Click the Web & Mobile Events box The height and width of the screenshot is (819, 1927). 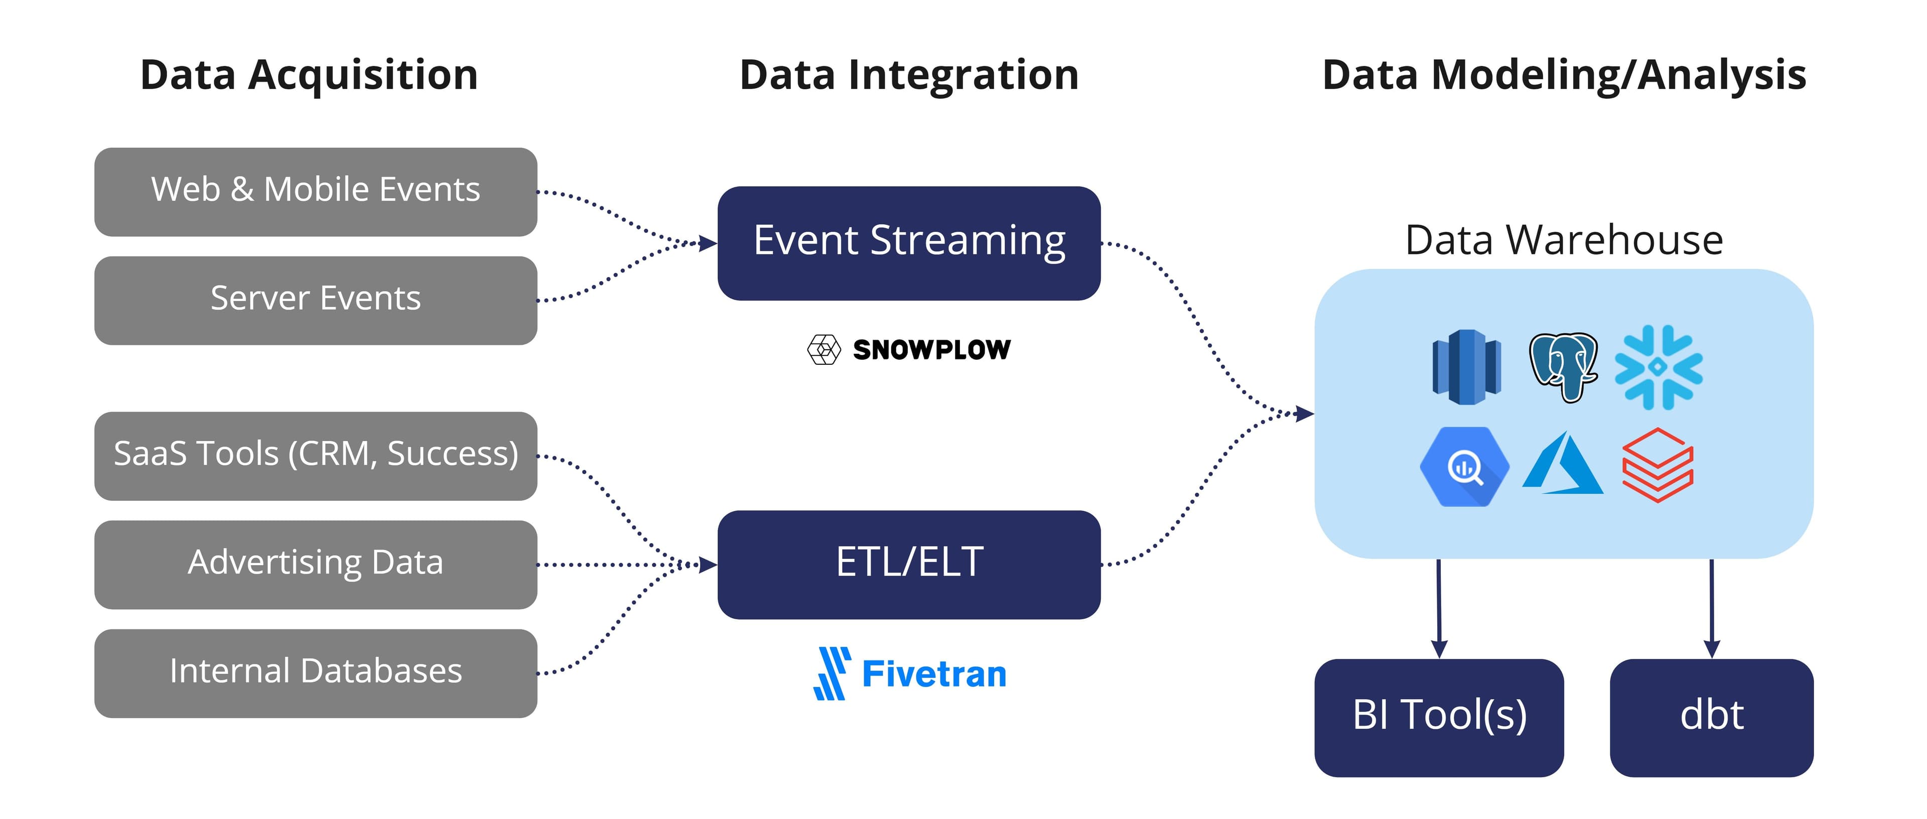[x=315, y=192]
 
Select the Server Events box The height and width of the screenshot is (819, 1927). [x=315, y=300]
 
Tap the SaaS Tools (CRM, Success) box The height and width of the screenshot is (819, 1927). [x=315, y=456]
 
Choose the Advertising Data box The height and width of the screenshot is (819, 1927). [x=315, y=564]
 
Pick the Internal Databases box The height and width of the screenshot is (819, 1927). [x=315, y=672]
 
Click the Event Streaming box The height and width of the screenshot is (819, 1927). [x=908, y=243]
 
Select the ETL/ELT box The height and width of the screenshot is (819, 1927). [x=908, y=564]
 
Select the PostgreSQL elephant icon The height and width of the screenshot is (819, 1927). [x=1562, y=366]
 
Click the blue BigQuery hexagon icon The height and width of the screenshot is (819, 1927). [x=1463, y=467]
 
